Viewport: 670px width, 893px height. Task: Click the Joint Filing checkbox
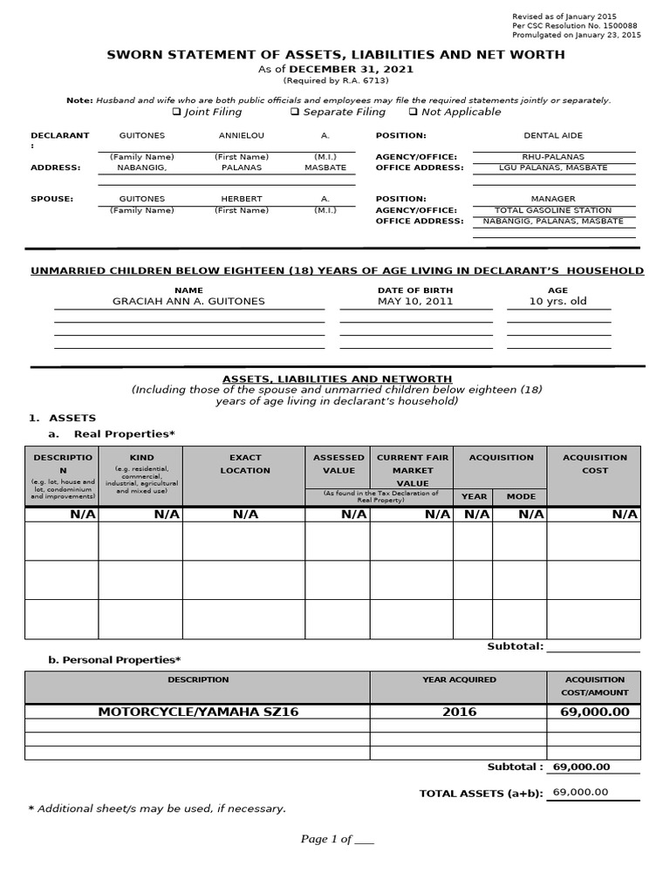coord(177,112)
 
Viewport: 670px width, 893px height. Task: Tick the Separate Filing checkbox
coord(295,112)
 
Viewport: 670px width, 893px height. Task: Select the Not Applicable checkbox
coord(413,112)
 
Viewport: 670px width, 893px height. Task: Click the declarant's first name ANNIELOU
coord(241,136)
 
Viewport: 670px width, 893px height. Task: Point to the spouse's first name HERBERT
coord(241,199)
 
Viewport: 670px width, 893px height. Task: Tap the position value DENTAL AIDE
coord(553,136)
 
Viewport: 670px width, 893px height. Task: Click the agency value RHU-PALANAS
coord(553,157)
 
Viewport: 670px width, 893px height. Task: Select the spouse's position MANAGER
coord(553,199)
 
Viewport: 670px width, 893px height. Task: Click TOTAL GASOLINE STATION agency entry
coord(553,210)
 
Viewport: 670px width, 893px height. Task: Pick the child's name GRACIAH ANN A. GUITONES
coord(188,302)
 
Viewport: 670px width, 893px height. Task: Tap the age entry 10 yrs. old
coord(558,302)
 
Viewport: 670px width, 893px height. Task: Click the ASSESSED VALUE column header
coord(338,464)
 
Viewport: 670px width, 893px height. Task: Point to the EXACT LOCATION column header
coord(245,464)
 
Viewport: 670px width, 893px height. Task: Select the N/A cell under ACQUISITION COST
coord(625,515)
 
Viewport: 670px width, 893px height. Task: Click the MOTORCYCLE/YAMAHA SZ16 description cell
coord(198,712)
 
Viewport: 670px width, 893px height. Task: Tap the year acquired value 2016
coord(459,712)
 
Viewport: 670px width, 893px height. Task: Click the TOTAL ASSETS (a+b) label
coord(481,794)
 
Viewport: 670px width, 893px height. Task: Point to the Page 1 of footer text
coord(337,839)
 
